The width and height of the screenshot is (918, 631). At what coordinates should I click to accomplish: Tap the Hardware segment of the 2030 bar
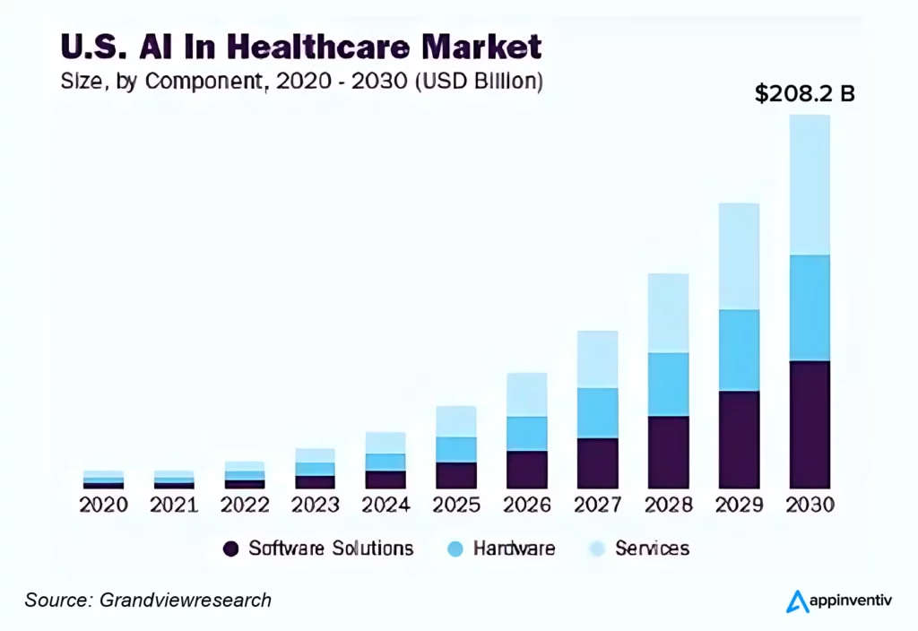click(x=810, y=307)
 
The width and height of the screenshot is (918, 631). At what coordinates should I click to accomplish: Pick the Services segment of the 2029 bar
click(x=739, y=256)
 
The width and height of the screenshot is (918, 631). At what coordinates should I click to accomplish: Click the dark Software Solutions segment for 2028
click(x=668, y=452)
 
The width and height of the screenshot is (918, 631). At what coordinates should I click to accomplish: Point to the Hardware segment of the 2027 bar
click(x=597, y=412)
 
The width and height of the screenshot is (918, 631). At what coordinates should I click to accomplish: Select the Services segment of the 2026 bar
click(x=527, y=394)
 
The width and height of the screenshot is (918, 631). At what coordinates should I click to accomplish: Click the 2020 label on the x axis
click(x=103, y=505)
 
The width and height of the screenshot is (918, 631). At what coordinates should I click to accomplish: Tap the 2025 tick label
click(x=456, y=505)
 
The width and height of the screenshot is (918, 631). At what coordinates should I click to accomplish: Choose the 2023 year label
click(x=316, y=505)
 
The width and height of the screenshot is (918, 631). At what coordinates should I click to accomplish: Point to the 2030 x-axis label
click(x=810, y=505)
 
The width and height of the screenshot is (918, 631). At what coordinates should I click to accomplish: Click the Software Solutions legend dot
click(x=231, y=549)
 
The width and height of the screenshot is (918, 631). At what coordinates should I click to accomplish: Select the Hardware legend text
click(x=514, y=549)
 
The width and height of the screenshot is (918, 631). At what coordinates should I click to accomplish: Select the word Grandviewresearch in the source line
click(x=186, y=600)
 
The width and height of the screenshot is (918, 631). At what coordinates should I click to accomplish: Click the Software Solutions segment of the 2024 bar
click(x=385, y=480)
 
